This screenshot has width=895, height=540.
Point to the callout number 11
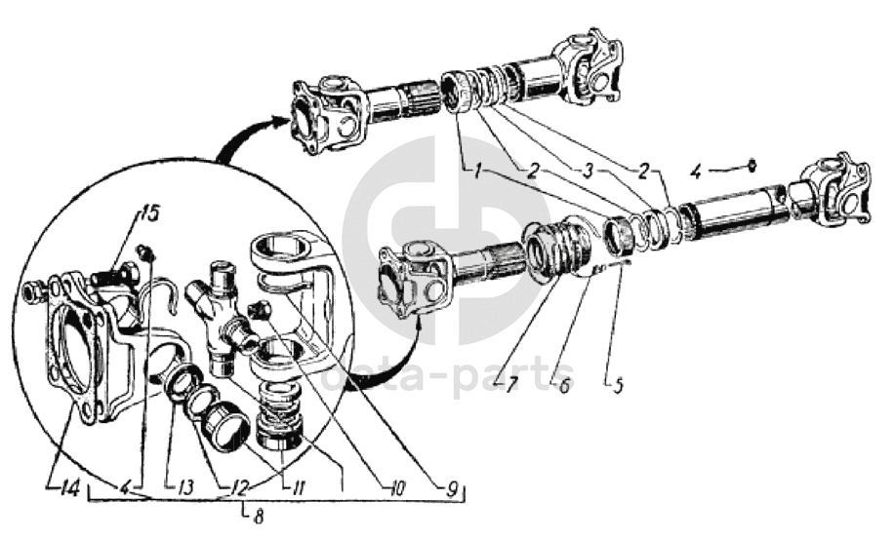[x=299, y=487]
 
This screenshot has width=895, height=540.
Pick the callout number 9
[x=452, y=489]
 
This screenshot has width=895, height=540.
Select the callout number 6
[x=564, y=386]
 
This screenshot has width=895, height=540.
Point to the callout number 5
[x=617, y=385]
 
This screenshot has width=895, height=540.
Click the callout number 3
[x=589, y=172]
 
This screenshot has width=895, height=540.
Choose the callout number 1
[x=476, y=170]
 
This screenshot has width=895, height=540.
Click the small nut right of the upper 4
[x=753, y=165]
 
